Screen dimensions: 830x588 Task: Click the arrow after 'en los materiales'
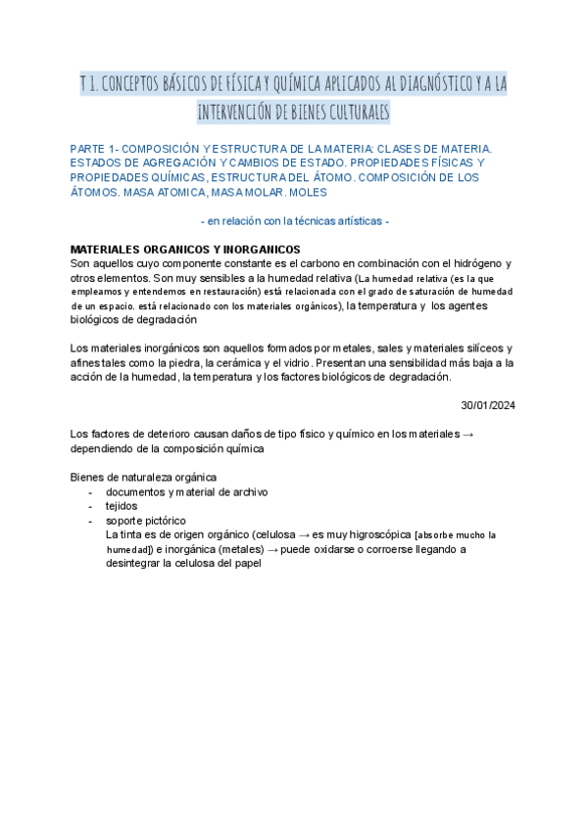click(468, 435)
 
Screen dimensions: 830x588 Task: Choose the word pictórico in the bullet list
click(162, 520)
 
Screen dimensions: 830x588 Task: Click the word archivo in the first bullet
click(247, 491)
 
